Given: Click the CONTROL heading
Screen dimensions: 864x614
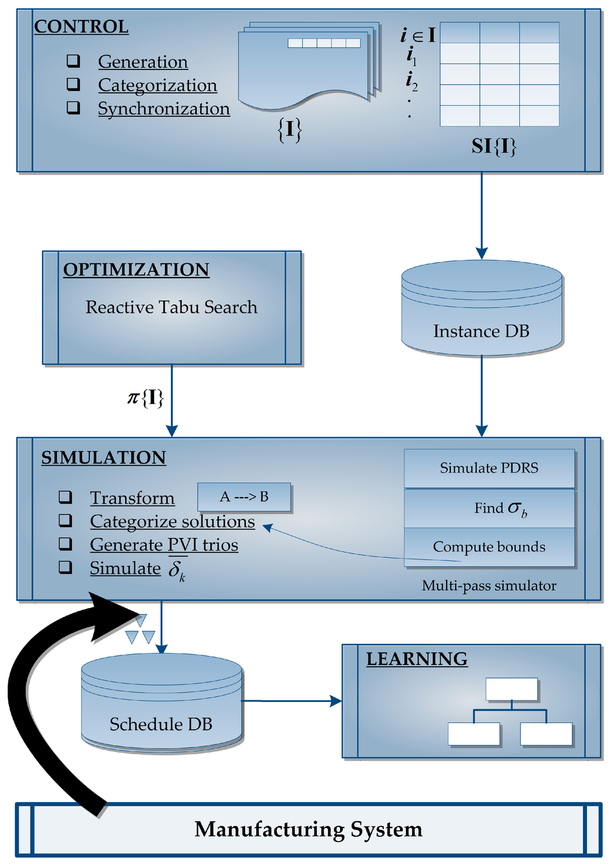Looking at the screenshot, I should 81,27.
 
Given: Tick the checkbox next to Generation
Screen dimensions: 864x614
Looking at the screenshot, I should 73,61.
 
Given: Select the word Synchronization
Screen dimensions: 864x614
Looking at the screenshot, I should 164,109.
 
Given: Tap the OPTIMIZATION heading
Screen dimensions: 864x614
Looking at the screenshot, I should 136,270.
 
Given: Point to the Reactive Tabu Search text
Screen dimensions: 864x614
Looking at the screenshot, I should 171,307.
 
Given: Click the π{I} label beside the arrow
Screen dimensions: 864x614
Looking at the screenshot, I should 146,398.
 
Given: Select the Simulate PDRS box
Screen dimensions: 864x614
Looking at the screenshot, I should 489,468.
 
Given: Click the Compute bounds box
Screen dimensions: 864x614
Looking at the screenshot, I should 489,547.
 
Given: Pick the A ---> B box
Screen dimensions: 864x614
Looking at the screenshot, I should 244,497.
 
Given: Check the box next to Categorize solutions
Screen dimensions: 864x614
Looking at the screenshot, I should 65,521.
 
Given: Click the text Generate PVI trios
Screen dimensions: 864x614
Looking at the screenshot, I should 164,545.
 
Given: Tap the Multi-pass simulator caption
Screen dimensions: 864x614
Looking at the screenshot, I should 489,586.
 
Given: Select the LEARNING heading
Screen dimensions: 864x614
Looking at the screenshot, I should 417,659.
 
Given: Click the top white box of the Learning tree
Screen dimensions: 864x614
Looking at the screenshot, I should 511,689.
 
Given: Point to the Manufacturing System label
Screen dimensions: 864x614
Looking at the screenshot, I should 308,829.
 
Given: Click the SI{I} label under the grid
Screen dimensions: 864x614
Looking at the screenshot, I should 494,146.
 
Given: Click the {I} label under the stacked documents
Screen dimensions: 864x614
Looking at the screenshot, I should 290,130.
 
